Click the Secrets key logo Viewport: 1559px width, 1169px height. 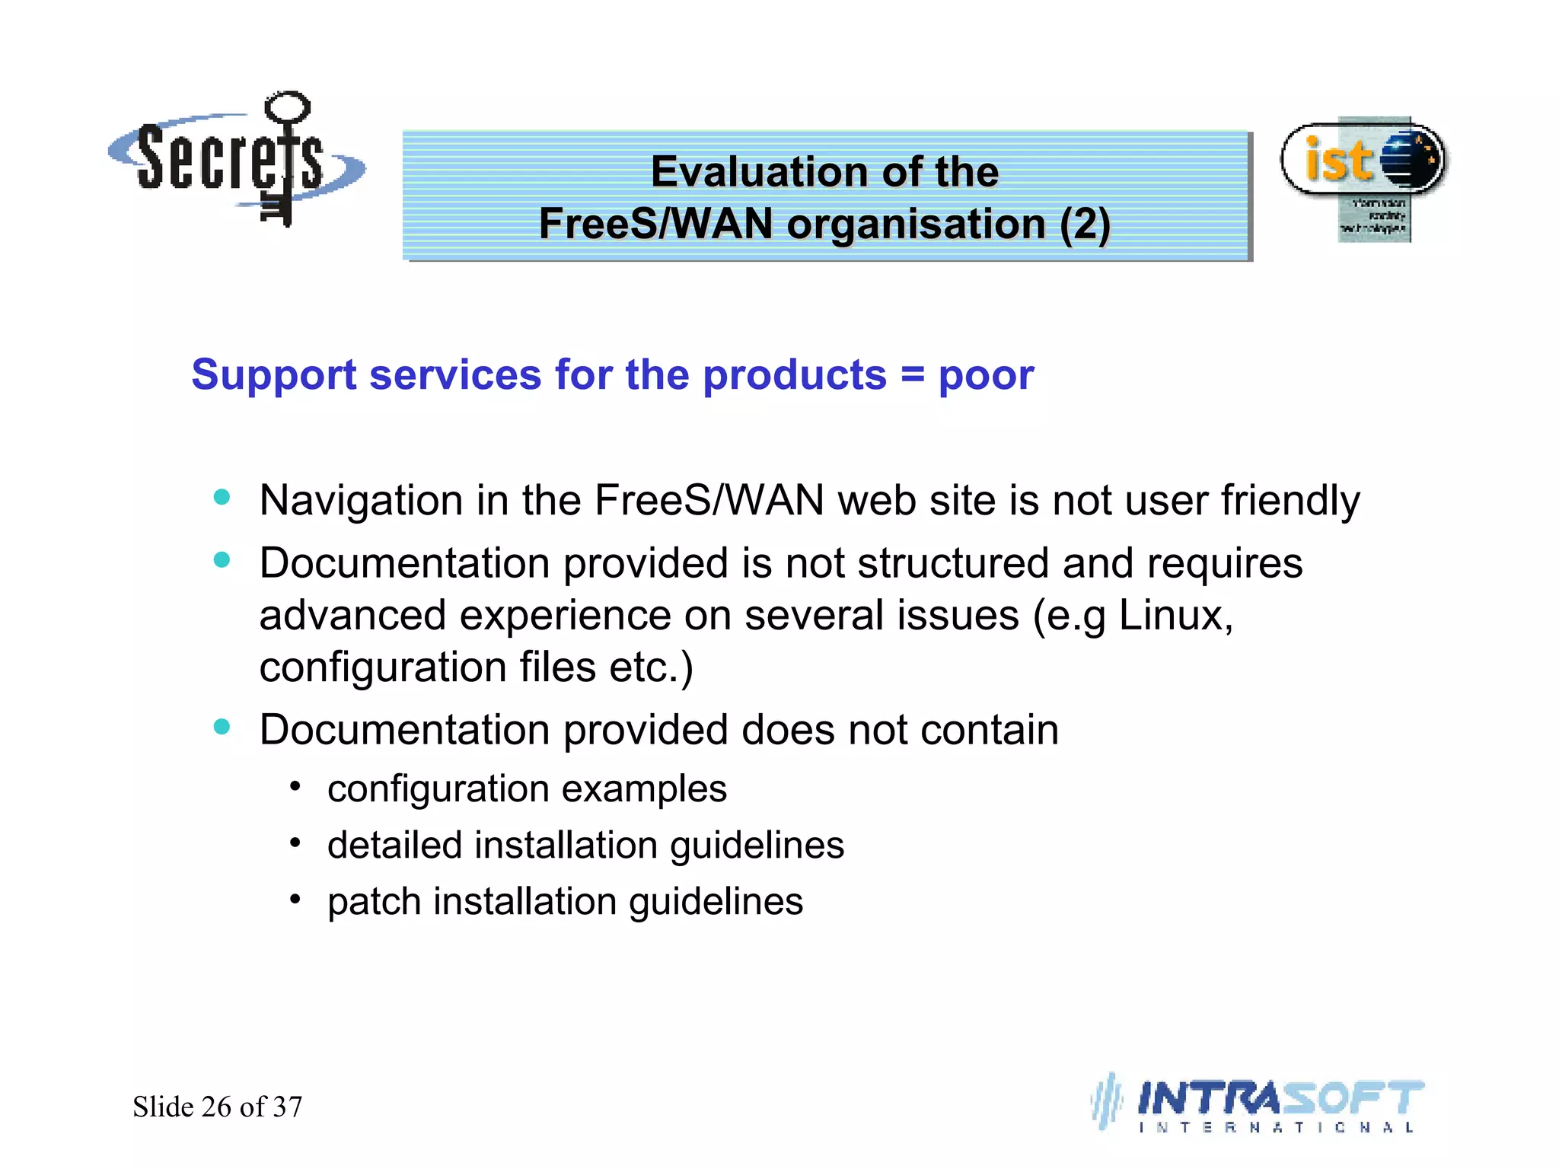[236, 160]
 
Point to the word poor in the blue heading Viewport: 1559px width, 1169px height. [986, 375]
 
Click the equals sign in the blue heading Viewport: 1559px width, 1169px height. [913, 375]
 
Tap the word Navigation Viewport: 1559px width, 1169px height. [361, 502]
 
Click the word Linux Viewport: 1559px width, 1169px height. [1175, 616]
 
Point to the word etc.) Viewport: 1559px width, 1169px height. [651, 667]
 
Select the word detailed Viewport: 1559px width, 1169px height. [394, 846]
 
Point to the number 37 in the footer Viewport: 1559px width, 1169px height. [288, 1107]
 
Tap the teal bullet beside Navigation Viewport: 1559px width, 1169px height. [222, 498]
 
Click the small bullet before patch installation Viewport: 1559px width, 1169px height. [295, 900]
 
